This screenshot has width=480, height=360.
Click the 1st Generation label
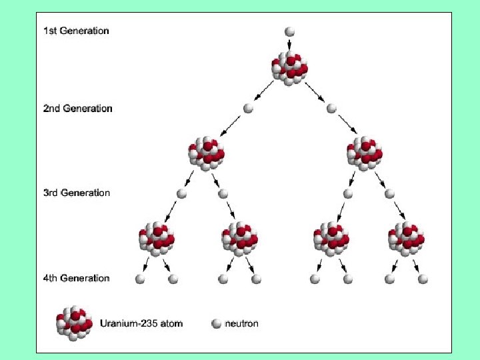click(x=76, y=31)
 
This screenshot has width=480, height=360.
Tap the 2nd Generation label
click(x=77, y=108)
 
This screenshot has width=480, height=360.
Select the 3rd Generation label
click(x=77, y=193)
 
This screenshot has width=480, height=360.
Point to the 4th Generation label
click(x=76, y=278)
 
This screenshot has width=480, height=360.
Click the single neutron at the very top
click(x=289, y=31)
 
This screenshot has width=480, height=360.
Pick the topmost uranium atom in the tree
click(x=289, y=67)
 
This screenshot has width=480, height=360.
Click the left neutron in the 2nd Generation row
click(x=249, y=108)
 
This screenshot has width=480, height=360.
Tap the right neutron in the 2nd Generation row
click(x=331, y=108)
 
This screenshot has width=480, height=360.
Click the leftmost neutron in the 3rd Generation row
click(x=181, y=193)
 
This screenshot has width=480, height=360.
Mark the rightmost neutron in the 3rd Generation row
click(x=390, y=193)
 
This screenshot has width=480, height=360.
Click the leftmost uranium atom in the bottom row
click(x=157, y=237)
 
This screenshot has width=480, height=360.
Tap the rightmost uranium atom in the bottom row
click(x=407, y=237)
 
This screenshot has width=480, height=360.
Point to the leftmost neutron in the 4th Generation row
click(x=140, y=279)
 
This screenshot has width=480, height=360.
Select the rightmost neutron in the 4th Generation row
click(x=423, y=279)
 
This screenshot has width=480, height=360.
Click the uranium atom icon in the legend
click(x=74, y=323)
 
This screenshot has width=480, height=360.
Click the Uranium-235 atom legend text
click(x=141, y=324)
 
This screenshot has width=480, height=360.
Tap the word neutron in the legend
click(x=242, y=324)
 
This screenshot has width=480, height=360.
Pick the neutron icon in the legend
click(x=216, y=324)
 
